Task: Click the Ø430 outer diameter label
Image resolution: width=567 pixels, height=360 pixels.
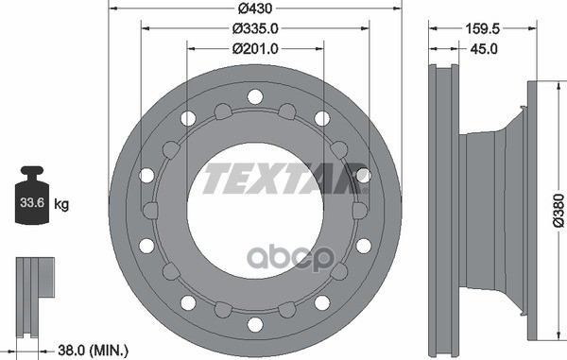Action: [255, 8]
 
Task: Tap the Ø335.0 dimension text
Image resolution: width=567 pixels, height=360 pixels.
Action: [255, 28]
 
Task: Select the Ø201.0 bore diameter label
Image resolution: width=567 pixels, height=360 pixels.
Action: [255, 48]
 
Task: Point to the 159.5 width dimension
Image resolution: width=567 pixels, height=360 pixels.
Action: [482, 28]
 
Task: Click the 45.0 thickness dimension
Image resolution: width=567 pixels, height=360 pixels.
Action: [484, 48]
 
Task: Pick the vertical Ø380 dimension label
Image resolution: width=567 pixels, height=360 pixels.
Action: [558, 211]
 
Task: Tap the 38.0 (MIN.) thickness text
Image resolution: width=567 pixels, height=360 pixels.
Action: [93, 351]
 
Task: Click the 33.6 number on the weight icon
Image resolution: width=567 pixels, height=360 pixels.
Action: [32, 202]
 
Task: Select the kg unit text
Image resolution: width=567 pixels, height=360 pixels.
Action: [61, 204]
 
